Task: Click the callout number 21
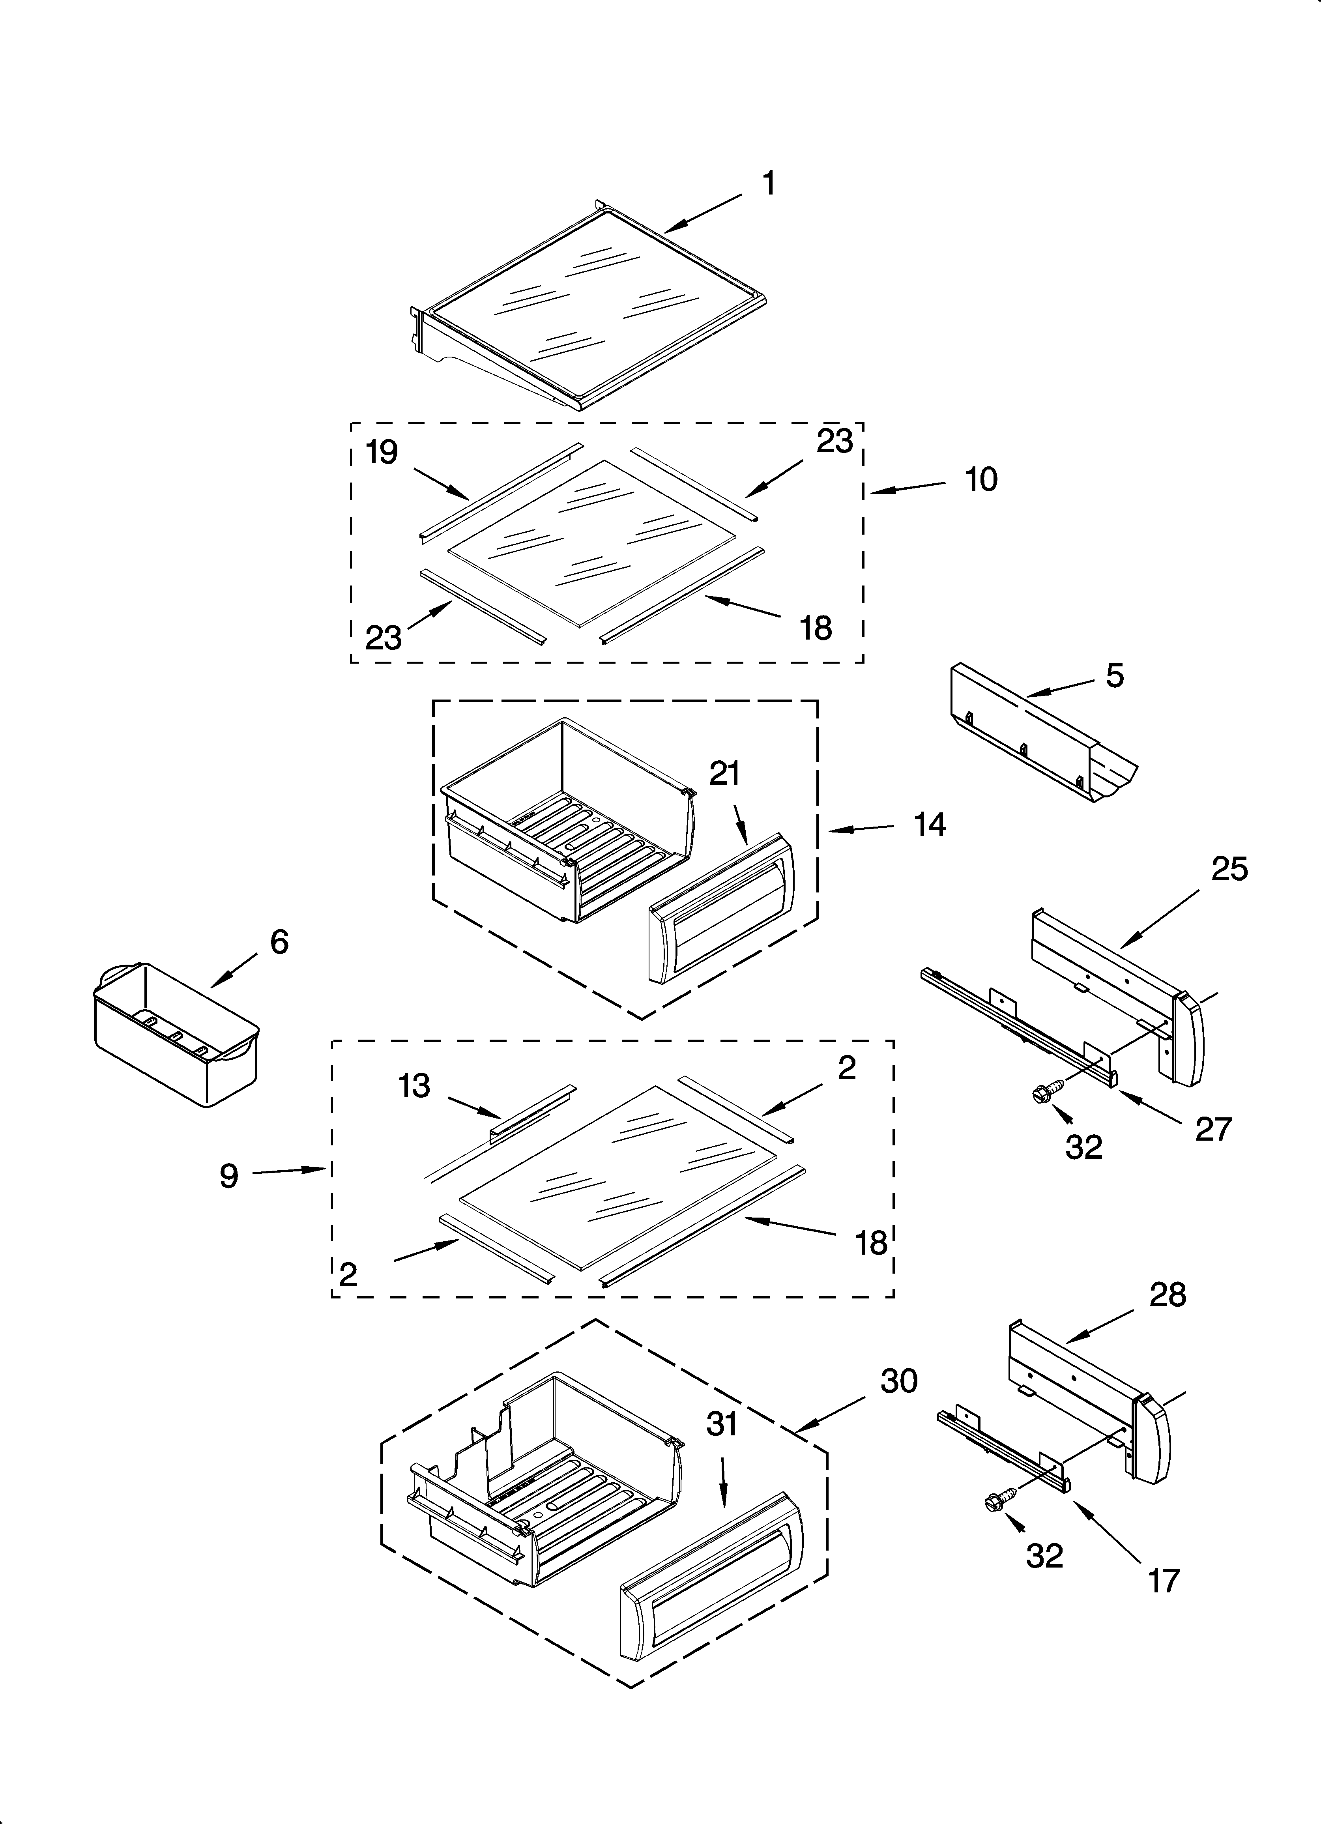pos(724,774)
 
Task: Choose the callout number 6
pos(278,942)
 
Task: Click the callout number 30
pos(899,1381)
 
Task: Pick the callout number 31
pos(722,1424)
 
